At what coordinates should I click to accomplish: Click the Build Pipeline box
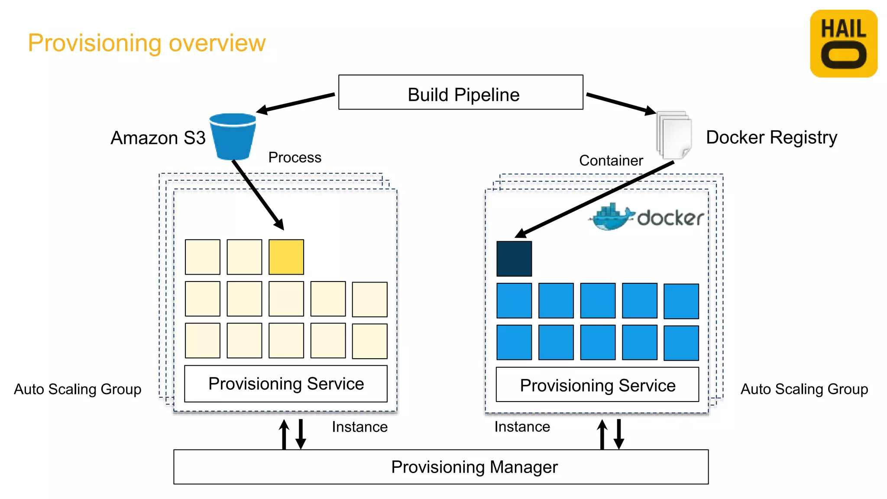460,92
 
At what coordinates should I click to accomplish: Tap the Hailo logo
843,44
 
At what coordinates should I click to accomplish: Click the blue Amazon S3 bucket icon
233,136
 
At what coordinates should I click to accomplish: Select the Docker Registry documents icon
673,135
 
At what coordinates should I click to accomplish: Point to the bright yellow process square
286,257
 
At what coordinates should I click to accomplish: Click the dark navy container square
514,259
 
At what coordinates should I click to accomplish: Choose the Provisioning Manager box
441,467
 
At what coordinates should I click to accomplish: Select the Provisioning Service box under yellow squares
286,384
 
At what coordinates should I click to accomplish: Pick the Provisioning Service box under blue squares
597,385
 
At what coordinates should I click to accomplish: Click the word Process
295,157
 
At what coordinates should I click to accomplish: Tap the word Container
611,160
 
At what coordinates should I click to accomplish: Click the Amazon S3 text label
158,138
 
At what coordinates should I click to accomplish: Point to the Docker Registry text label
771,137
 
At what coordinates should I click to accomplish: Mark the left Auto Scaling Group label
78,389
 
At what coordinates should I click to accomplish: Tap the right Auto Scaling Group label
804,389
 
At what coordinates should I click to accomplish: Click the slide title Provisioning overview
146,43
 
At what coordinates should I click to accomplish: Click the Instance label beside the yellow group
359,427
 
